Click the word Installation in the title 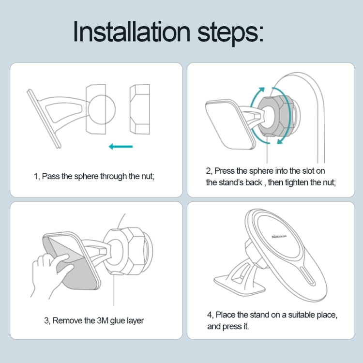132,31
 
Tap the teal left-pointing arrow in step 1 121,146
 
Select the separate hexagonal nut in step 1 139,109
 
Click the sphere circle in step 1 102,109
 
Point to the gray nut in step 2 275,116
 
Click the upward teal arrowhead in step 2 261,90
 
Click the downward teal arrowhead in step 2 280,141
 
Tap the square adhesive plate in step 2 230,124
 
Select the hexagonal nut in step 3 127,251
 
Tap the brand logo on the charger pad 279,236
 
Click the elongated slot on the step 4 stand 307,275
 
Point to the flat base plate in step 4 240,285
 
